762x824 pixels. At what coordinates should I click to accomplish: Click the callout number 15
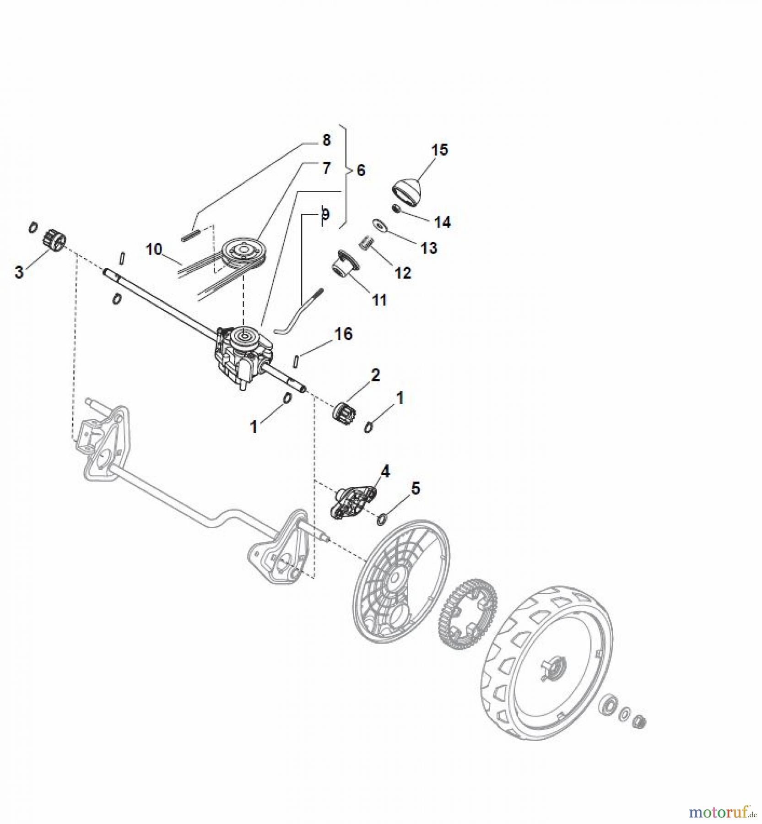coord(440,150)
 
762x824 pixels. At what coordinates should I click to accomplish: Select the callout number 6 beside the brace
coord(361,170)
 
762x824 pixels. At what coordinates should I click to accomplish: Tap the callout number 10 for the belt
coord(154,249)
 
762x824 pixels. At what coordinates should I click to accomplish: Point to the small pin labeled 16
coord(296,361)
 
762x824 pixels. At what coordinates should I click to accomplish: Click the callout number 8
coord(326,140)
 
